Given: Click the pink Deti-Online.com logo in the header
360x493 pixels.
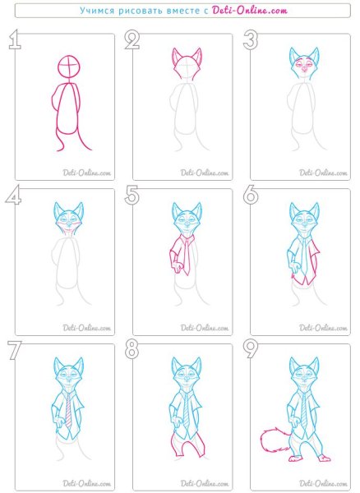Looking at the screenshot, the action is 250,11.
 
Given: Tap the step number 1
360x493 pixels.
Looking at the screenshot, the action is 15,39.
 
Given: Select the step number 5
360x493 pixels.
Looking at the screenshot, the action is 132,195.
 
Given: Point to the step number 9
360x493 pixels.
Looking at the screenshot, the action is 251,349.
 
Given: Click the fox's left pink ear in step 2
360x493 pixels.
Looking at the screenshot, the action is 177,58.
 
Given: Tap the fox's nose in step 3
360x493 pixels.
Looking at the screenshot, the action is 304,68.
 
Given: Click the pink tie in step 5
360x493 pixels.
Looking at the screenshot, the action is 187,255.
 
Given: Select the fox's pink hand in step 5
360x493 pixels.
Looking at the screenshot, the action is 178,268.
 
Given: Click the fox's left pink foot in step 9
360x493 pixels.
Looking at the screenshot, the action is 296,458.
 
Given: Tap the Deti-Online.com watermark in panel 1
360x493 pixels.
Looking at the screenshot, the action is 87,173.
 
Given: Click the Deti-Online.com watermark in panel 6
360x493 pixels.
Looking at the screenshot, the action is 323,328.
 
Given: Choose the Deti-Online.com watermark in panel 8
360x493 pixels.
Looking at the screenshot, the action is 205,483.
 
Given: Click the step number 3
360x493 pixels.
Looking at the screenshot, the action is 251,39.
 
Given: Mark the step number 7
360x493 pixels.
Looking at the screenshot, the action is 15,350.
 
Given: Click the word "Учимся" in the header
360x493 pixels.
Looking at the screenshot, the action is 97,11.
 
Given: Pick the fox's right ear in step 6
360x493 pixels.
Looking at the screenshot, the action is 314,210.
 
